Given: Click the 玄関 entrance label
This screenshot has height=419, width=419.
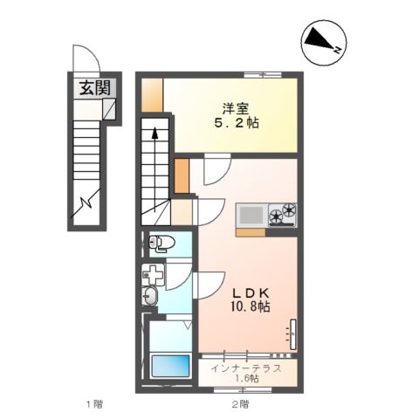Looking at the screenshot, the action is point(95,88).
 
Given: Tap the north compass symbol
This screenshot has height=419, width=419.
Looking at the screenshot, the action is point(324,43).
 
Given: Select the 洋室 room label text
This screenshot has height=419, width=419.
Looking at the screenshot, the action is point(236,109).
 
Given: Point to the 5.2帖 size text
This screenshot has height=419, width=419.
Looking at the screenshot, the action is point(237,123).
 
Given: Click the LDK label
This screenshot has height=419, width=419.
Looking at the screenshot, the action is point(251,292).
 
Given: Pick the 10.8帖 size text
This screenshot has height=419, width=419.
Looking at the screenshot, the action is point(251,306).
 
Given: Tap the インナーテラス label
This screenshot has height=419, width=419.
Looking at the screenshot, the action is point(246,368).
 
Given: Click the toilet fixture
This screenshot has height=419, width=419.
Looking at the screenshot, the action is point(161,243).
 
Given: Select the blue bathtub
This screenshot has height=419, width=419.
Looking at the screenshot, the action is point(170,366).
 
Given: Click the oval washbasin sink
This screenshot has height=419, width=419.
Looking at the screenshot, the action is point(149,296).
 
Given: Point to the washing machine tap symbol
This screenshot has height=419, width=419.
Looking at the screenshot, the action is point(153,275).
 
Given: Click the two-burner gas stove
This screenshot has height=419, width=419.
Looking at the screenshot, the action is point(283,214).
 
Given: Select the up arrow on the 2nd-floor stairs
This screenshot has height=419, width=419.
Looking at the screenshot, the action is point(155,170).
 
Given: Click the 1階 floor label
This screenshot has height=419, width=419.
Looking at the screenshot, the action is point(94,404).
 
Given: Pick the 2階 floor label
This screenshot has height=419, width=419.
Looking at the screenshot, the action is point(240,404).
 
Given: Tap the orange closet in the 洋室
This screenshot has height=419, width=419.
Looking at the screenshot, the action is point(152,95).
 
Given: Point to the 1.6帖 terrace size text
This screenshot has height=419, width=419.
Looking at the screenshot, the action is point(246,379).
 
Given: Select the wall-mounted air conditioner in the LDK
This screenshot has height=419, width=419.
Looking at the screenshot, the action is point(293,334).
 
